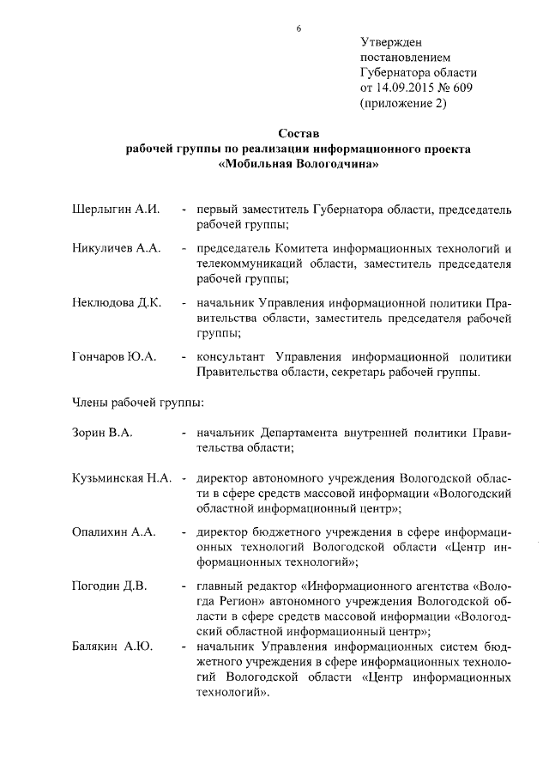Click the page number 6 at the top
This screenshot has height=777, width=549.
pos(299,28)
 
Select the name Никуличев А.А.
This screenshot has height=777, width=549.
pos(116,248)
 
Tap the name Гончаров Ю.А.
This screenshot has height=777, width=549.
pos(113,357)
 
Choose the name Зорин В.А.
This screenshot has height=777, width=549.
pos(101,433)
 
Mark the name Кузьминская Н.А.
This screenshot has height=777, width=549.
pos(124,477)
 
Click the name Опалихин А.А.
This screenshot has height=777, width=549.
pos(113,532)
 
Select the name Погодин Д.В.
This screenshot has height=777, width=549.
pos(108,586)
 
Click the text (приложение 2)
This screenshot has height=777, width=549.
pos(403,104)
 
